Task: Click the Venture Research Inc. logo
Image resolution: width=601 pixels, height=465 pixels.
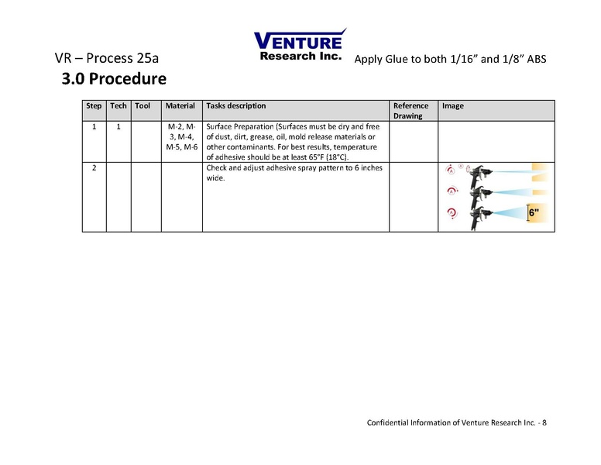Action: click(300, 46)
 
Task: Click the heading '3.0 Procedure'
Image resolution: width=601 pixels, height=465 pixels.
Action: click(114, 79)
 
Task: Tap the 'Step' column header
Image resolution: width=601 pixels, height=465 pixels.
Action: click(94, 106)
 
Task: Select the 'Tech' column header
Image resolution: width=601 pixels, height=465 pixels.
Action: click(118, 106)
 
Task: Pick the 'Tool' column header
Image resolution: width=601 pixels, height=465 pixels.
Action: click(143, 106)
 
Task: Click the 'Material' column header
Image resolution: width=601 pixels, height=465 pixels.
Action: click(180, 106)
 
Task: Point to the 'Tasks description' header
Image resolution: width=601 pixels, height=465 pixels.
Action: click(236, 106)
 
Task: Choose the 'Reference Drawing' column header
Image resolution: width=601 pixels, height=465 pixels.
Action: click(410, 111)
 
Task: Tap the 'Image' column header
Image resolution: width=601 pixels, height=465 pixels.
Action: click(453, 106)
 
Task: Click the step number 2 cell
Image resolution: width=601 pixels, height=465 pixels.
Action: click(94, 168)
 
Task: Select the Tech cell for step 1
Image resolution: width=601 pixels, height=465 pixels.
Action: click(118, 126)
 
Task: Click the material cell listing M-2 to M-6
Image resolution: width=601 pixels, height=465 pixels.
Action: click(181, 136)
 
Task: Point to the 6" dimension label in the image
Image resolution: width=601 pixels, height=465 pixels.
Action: click(535, 212)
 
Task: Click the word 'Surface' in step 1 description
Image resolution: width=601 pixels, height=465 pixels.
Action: click(222, 126)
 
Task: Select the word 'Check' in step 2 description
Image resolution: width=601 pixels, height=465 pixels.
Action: click(218, 168)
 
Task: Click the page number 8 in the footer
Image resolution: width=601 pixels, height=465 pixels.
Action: click(544, 422)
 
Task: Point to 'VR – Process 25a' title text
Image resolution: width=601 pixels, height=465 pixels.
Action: click(108, 59)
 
